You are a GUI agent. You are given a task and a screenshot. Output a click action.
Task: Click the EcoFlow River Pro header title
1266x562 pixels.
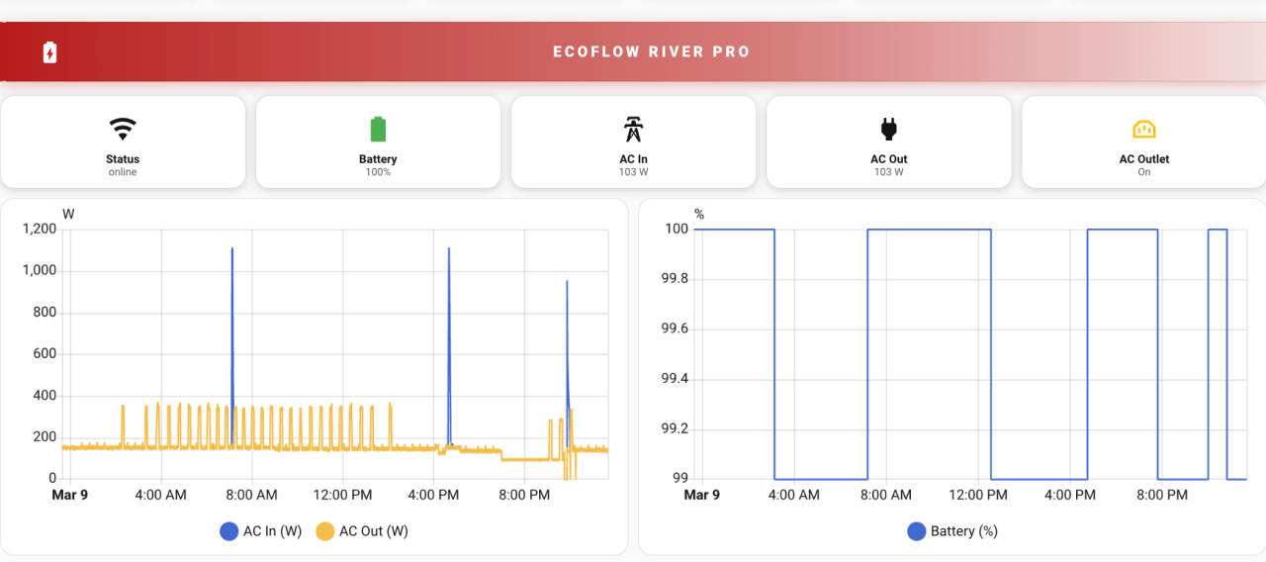[651, 51]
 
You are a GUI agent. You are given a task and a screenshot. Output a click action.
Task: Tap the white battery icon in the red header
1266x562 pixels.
[49, 52]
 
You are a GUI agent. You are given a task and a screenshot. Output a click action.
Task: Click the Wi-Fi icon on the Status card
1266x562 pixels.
[123, 129]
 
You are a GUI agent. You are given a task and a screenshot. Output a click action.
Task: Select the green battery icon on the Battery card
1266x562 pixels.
[378, 129]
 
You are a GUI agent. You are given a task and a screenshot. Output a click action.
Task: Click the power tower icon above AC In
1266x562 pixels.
[633, 129]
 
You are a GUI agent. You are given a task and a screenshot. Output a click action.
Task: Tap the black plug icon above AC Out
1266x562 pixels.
[888, 129]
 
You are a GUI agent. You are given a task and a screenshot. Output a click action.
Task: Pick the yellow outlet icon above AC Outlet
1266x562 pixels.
[1143, 129]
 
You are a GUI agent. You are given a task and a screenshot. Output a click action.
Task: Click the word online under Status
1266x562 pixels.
[123, 172]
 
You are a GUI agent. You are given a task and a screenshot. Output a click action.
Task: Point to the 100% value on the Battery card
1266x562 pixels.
[378, 172]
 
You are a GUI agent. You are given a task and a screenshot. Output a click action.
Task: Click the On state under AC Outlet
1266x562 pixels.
[1143, 172]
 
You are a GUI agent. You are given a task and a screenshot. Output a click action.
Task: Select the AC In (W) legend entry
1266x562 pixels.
[261, 531]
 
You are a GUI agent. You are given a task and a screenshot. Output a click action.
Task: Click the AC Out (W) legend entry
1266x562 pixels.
[362, 531]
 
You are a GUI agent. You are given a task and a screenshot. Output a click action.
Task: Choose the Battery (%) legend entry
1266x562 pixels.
[952, 531]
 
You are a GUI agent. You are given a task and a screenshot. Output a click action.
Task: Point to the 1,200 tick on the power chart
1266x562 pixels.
[40, 229]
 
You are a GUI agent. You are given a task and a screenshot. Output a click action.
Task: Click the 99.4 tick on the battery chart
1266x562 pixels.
[674, 379]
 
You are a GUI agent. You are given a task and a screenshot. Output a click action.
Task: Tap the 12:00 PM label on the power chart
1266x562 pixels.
[342, 495]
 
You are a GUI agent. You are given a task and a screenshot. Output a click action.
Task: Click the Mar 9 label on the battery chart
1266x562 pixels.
[702, 495]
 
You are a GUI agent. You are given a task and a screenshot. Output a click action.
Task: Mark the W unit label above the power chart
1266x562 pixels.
[68, 214]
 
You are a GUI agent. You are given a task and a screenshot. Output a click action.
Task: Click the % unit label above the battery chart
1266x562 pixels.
[699, 214]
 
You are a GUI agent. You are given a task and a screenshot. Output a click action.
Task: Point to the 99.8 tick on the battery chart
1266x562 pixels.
[674, 279]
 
